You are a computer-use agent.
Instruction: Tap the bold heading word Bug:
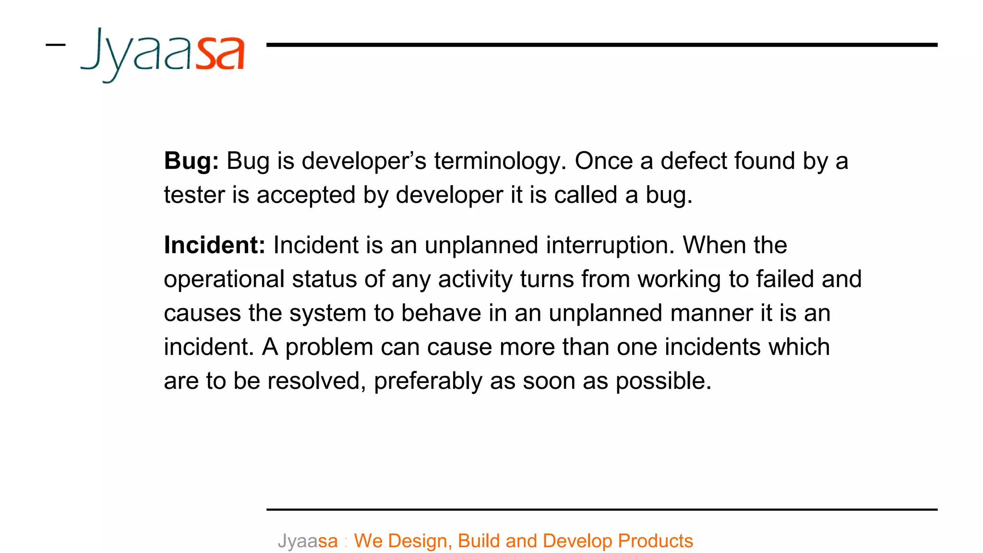(x=191, y=161)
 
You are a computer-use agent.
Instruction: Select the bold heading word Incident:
(x=214, y=245)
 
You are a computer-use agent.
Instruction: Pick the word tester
(x=194, y=195)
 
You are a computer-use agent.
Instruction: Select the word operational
(x=224, y=280)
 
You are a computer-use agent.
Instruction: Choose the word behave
(x=441, y=313)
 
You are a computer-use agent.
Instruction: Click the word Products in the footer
(x=655, y=541)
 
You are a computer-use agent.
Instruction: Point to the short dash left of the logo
(x=56, y=45)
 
